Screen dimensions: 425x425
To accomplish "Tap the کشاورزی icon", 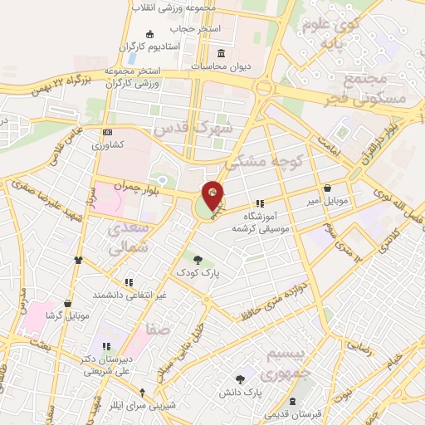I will click(107, 133).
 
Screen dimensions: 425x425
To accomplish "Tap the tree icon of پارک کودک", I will click(198, 260).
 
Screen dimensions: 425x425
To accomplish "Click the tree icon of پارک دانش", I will click(240, 378).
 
